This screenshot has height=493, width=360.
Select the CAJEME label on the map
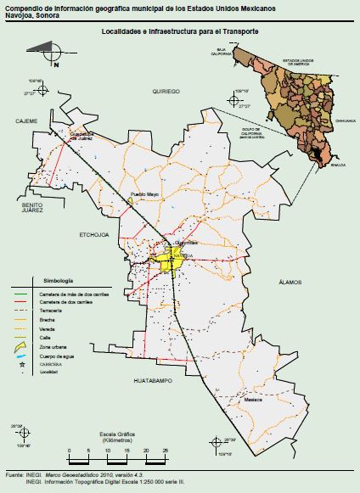(x=27, y=120)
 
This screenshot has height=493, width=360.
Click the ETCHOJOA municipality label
(x=93, y=234)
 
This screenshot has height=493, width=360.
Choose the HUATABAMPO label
(x=154, y=382)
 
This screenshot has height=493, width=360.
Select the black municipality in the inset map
(x=318, y=154)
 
